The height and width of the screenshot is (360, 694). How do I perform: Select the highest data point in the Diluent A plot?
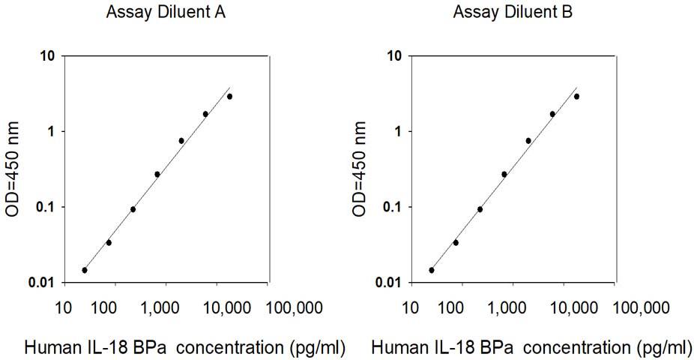[x=229, y=96]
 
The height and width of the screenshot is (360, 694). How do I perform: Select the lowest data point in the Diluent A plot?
[x=85, y=270]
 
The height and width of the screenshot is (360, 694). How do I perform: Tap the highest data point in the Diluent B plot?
[x=576, y=96]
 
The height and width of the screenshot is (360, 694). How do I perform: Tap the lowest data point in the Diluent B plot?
[x=432, y=270]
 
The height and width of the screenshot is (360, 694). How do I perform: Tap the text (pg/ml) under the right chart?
[x=665, y=347]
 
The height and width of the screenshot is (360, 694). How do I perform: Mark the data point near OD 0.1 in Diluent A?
[x=133, y=209]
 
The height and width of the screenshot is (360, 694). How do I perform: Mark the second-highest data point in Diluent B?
[x=552, y=114]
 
